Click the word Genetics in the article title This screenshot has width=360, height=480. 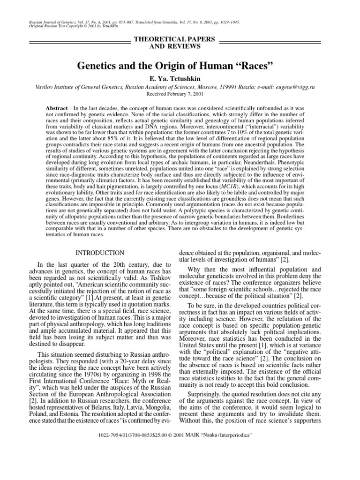pyautogui.click(x=97, y=64)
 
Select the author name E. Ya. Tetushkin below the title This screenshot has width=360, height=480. pyautogui.click(x=180, y=78)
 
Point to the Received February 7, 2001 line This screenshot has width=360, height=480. pyautogui.click(x=180, y=94)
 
